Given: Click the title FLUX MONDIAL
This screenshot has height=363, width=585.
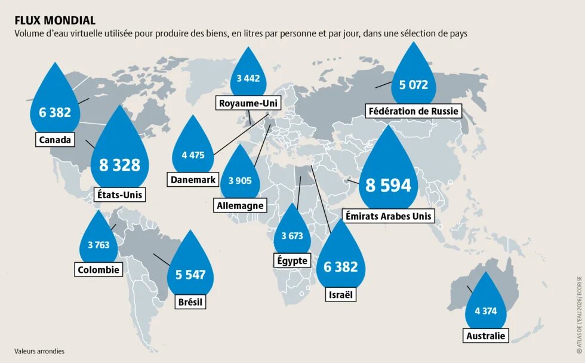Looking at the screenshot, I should [55, 20].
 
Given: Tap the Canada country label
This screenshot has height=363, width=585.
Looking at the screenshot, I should [55, 140].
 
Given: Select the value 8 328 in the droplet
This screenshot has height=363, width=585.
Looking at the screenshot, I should [119, 165].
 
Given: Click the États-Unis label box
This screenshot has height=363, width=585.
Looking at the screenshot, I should [120, 194].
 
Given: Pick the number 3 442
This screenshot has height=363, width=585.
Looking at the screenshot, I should [248, 78].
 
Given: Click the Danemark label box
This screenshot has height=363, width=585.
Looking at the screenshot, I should [193, 179].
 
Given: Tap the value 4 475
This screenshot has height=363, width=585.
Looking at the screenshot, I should [193, 155].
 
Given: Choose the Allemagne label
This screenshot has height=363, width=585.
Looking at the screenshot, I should [240, 205].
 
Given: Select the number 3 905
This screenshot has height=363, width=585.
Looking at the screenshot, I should [240, 181].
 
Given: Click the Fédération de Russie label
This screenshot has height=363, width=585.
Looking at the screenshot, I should [414, 111].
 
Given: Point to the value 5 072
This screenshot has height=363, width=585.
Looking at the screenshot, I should [414, 85].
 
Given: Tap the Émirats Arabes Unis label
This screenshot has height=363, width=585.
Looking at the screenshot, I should [389, 216].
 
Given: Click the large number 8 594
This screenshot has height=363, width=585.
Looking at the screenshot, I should [389, 185].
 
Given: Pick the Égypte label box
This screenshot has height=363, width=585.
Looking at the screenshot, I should [292, 260].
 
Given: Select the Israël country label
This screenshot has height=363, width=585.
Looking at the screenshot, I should [341, 294].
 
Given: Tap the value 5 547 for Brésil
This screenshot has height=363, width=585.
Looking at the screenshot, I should [190, 275].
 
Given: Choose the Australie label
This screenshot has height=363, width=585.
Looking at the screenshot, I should [485, 336].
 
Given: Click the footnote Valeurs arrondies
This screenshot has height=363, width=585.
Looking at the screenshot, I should [39, 351].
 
